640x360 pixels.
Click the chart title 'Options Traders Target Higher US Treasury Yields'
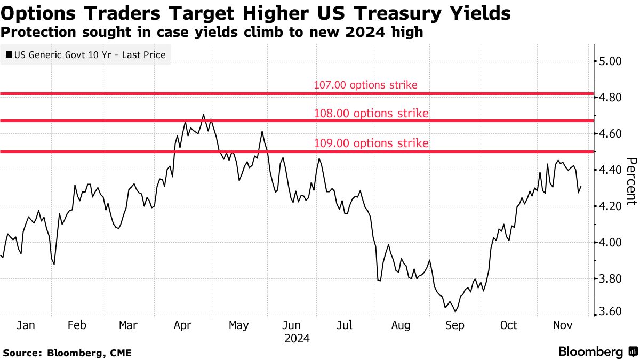click(x=256, y=13)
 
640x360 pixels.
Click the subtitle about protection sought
click(x=212, y=33)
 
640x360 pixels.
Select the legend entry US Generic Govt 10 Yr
click(x=85, y=54)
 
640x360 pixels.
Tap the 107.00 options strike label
click(x=365, y=85)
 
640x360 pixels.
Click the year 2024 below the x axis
click(x=297, y=339)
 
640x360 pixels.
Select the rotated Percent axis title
click(x=631, y=181)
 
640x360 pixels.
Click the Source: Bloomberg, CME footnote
click(x=67, y=353)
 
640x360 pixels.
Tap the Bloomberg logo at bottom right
click(x=597, y=352)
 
